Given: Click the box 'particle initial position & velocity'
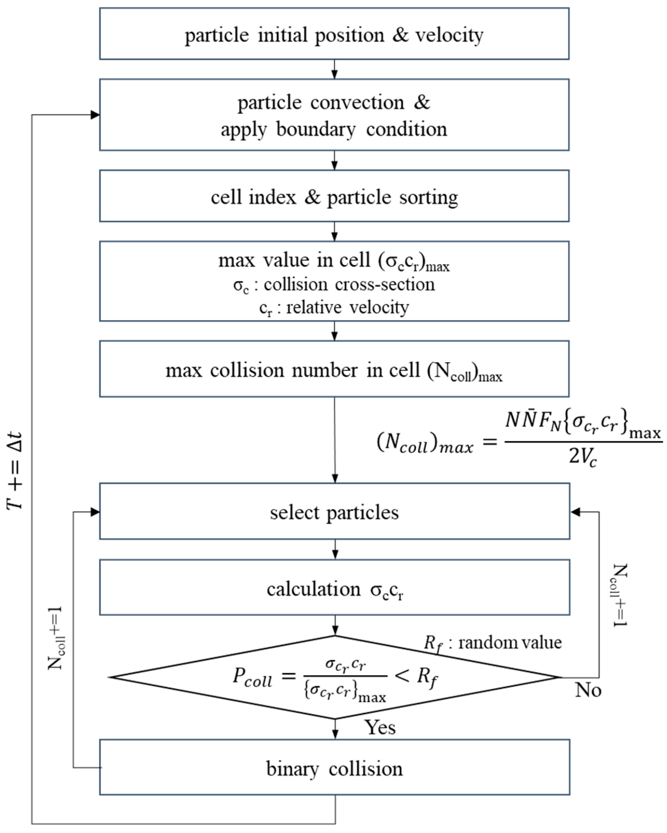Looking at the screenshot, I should [x=334, y=34].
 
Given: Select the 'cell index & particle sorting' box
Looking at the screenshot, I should [x=334, y=196].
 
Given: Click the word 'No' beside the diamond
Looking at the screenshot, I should [x=588, y=690].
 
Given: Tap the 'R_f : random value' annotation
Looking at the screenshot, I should [x=493, y=642].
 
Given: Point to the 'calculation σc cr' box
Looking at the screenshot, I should [x=334, y=589].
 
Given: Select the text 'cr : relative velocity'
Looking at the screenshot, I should [x=334, y=307].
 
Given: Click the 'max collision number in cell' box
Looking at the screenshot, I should [x=334, y=370].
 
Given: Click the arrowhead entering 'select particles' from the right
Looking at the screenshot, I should [x=575, y=512].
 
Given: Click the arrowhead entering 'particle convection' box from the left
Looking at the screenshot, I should [x=95, y=115].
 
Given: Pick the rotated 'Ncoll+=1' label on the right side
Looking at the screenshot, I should [x=620, y=595].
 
